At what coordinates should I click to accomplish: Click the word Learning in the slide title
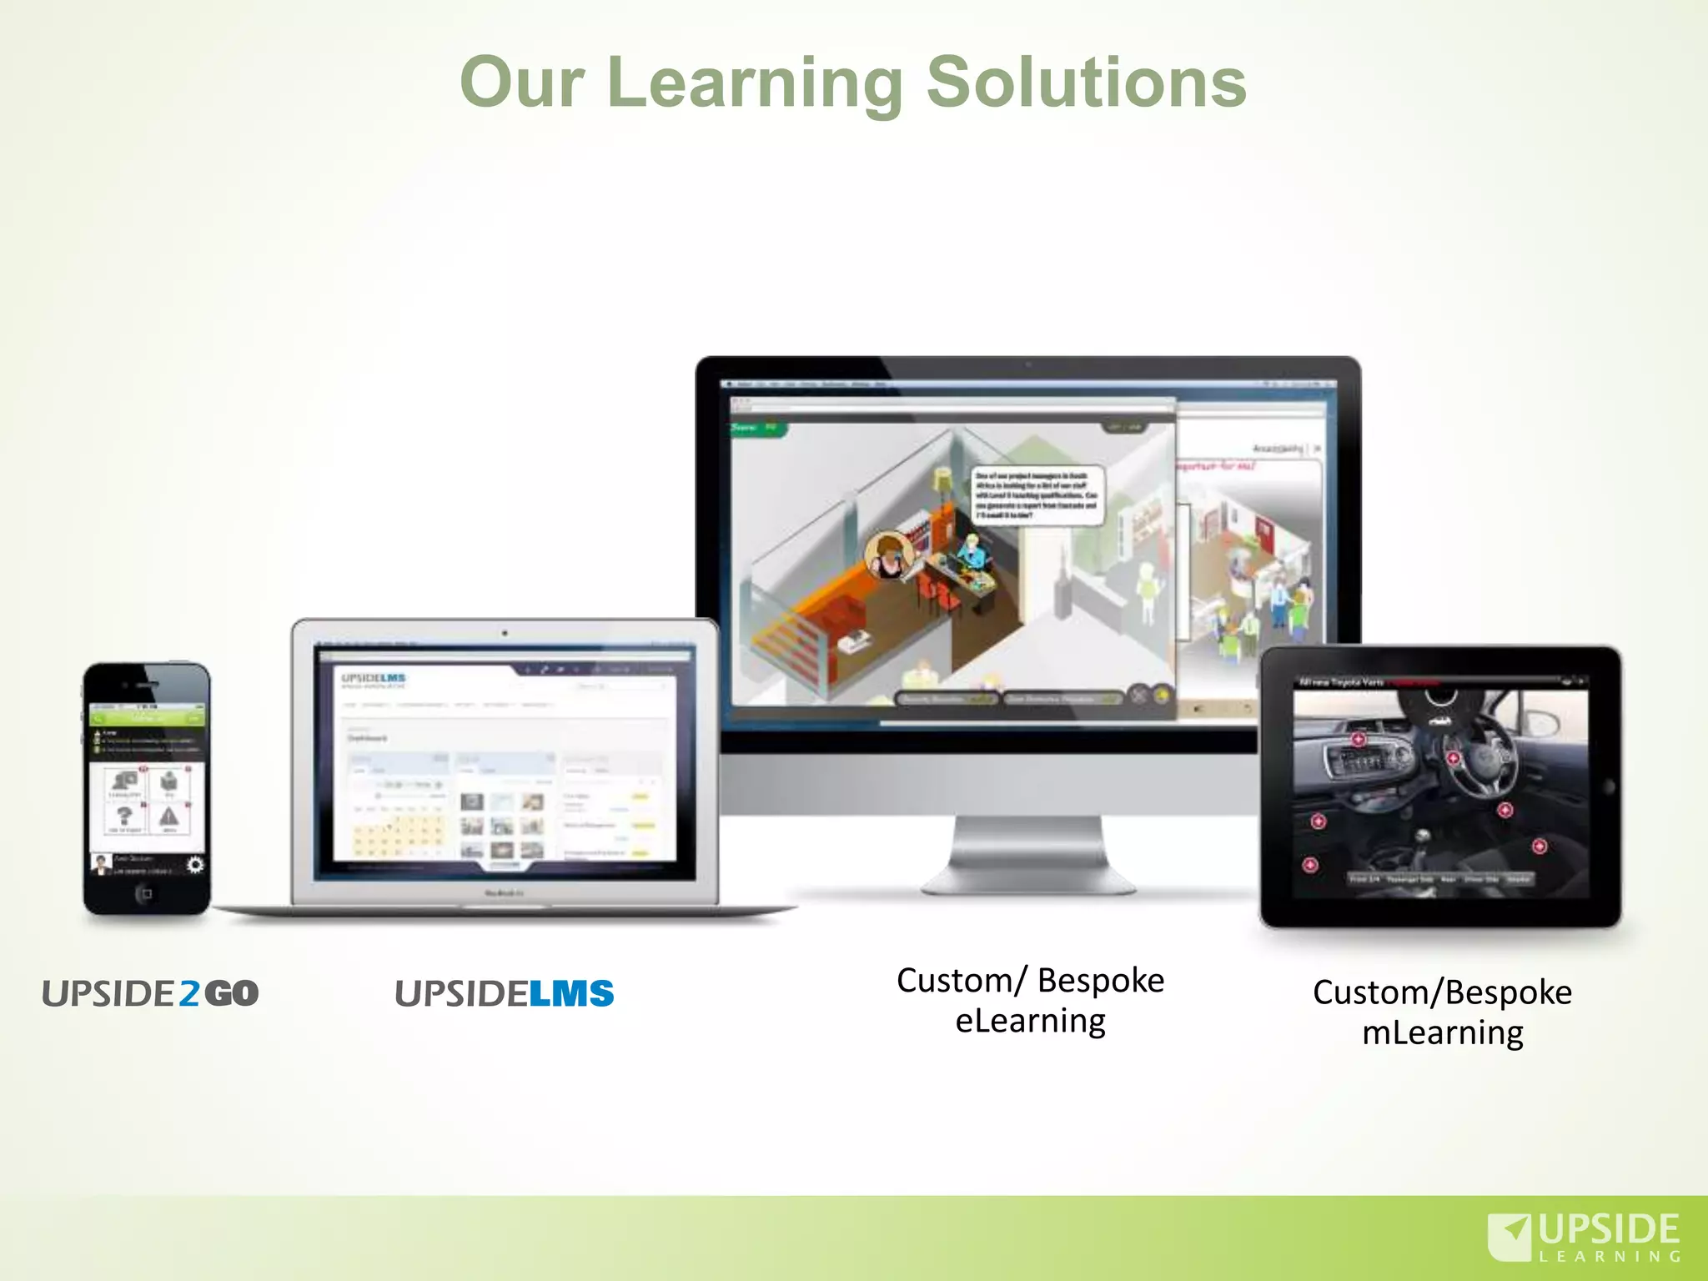click(755, 83)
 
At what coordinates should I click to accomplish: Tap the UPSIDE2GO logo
click(150, 993)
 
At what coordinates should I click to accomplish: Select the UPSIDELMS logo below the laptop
click(504, 993)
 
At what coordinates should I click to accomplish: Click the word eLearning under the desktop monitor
click(1030, 1021)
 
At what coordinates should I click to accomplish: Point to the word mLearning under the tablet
click(1442, 1033)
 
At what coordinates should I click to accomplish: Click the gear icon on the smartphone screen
click(194, 865)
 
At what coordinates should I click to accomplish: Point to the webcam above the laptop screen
click(505, 634)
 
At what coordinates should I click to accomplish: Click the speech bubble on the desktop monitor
click(1037, 495)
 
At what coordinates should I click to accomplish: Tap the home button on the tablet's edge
click(1609, 786)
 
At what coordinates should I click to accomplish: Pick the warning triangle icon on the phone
click(169, 817)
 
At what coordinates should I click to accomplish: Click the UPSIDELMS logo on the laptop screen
click(373, 679)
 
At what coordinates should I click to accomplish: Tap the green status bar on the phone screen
click(147, 718)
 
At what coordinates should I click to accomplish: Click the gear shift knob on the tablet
click(1423, 835)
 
